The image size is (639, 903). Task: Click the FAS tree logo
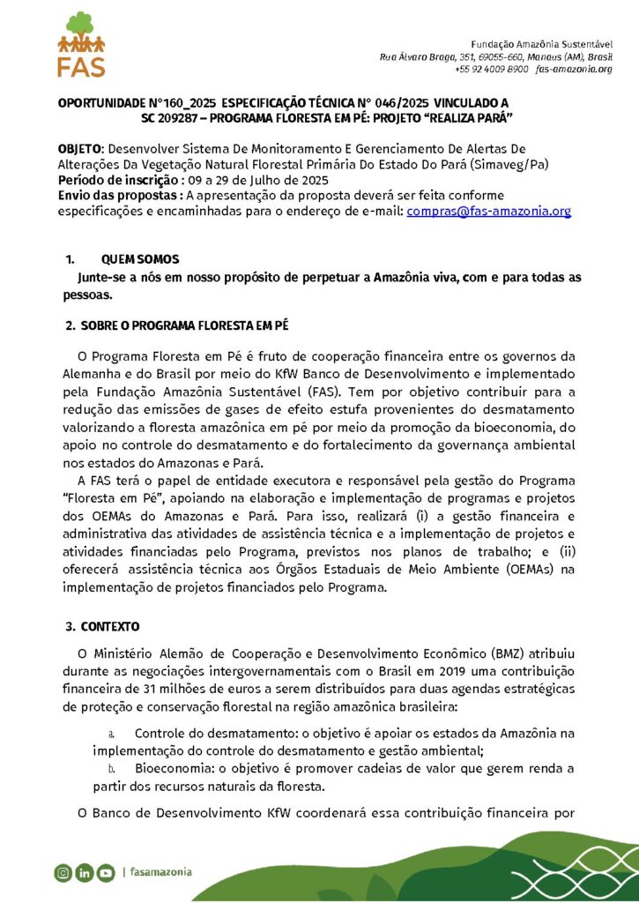click(81, 45)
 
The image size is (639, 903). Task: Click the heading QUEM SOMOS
click(140, 259)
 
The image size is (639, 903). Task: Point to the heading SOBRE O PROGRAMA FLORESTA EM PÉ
click(185, 326)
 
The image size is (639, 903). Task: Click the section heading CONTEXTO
click(110, 627)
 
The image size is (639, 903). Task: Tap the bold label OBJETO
click(79, 149)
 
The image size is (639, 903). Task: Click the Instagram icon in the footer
click(63, 873)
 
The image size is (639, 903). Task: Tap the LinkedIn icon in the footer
click(85, 873)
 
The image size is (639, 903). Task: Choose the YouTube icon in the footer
click(106, 873)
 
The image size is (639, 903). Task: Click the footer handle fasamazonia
click(160, 872)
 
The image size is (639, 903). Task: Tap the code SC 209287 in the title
click(175, 117)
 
